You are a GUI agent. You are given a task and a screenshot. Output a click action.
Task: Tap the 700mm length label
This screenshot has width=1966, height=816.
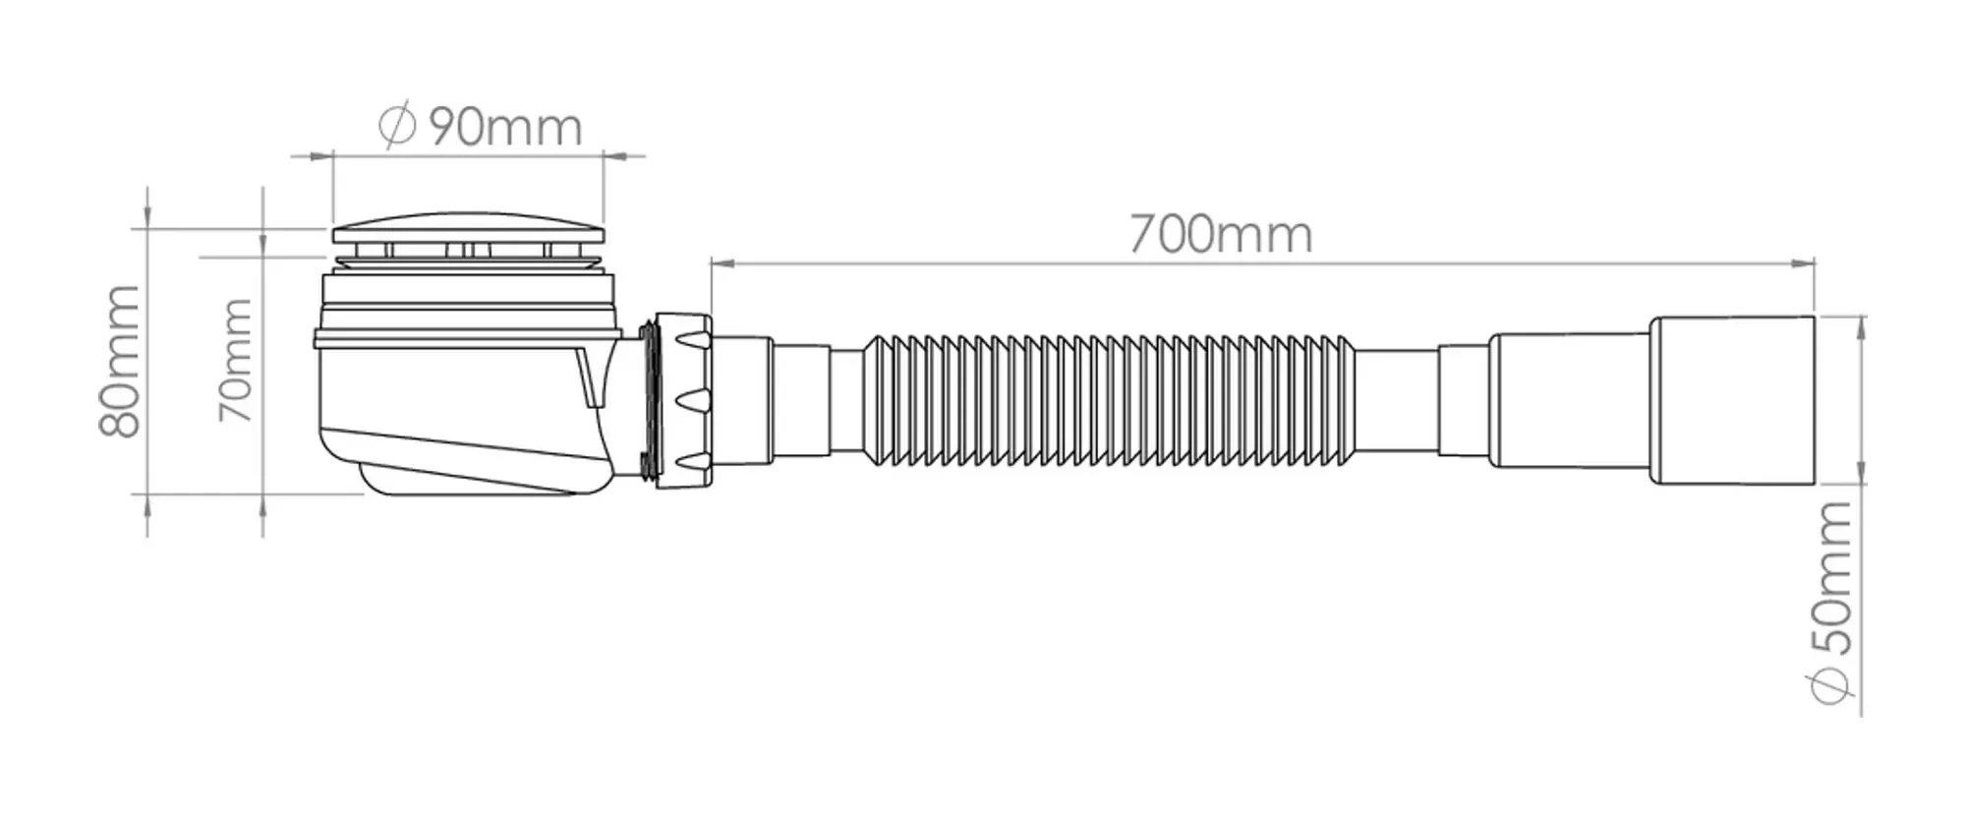pyautogui.click(x=1220, y=235)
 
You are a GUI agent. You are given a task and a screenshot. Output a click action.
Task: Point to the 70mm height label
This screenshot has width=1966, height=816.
pyautogui.click(x=236, y=360)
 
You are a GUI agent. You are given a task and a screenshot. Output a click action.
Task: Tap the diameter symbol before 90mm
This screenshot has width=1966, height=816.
pyautogui.click(x=398, y=127)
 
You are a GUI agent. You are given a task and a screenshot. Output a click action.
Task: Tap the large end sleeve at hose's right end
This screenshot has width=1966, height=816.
pyautogui.click(x=1731, y=400)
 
